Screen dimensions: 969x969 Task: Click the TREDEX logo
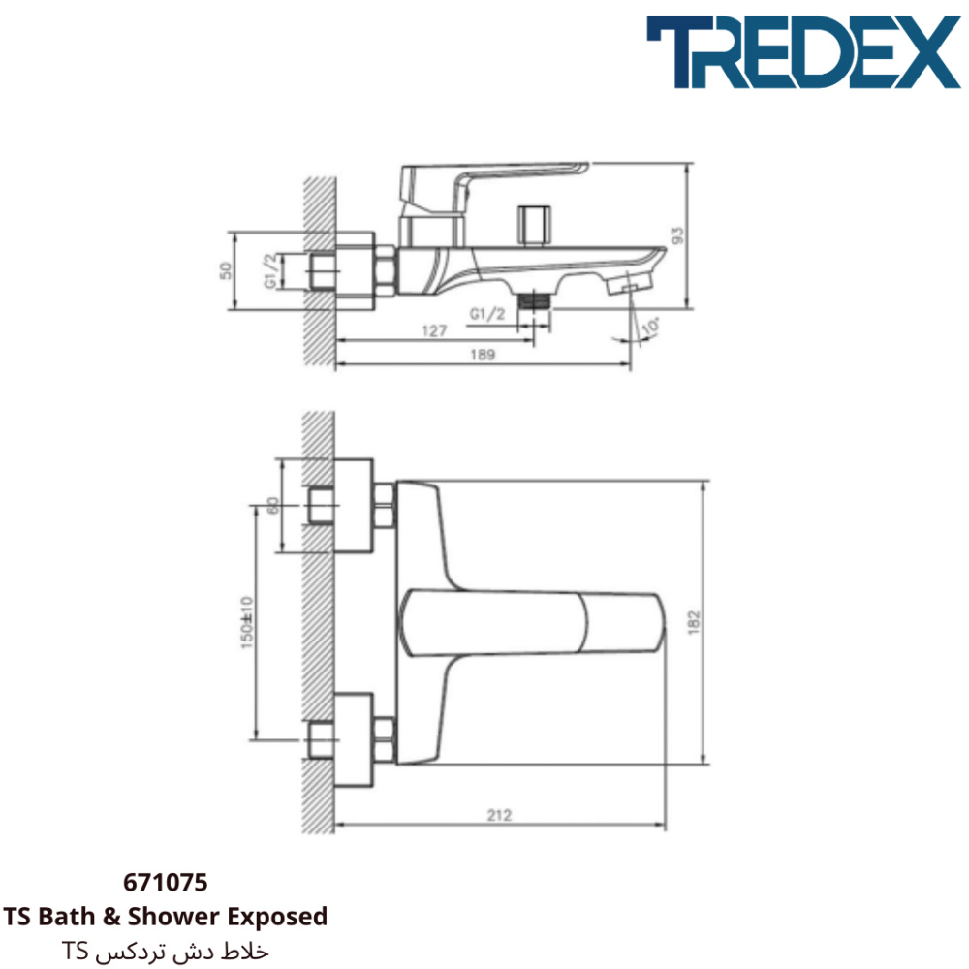[x=802, y=52]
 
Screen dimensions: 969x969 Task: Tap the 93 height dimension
[x=678, y=235]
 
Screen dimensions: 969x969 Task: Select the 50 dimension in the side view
[x=226, y=270]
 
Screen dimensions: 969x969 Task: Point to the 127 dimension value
[x=434, y=331]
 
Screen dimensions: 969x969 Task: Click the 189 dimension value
[x=482, y=355]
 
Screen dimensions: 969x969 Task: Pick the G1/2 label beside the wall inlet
[x=270, y=270]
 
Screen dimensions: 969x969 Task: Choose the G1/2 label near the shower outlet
[x=487, y=314]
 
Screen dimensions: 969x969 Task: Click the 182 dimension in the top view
[x=694, y=622]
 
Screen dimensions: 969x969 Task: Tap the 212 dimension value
[x=499, y=815]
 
